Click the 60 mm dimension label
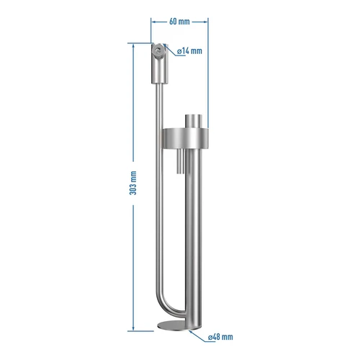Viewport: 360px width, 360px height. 180,22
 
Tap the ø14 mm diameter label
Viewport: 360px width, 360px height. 189,50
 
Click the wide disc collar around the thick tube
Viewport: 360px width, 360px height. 186,138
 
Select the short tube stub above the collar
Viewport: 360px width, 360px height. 193,120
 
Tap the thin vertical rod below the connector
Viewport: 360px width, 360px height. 158,180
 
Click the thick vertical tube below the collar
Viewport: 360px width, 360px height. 193,238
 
